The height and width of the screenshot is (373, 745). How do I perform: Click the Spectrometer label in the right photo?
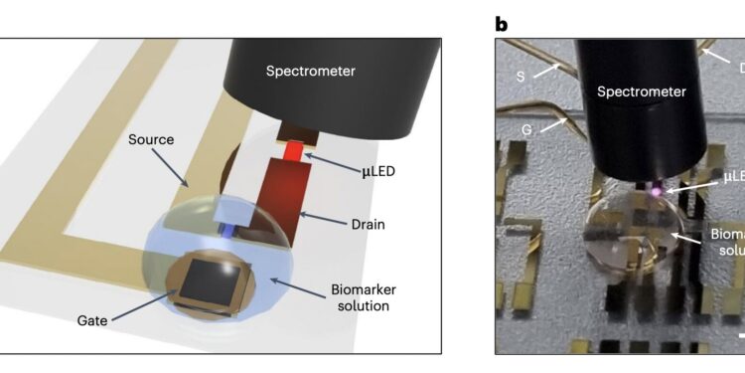[x=641, y=92]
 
